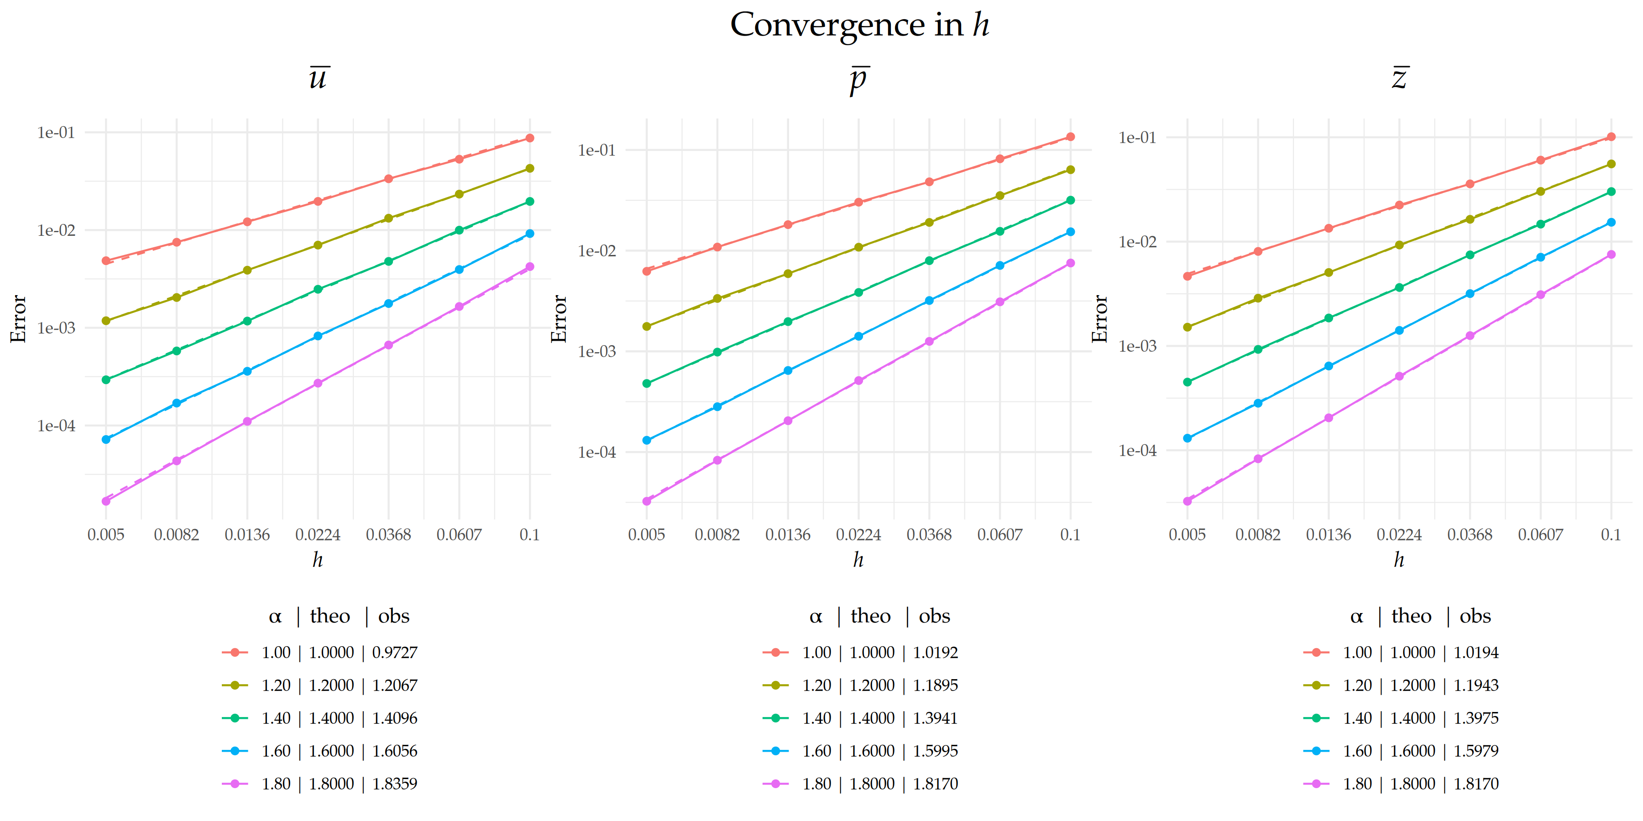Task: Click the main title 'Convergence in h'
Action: click(x=859, y=26)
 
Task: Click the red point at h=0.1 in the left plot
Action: click(x=529, y=138)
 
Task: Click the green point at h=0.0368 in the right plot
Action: click(x=1470, y=255)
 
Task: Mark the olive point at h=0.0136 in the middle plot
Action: click(x=788, y=274)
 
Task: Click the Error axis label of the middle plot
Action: click(x=559, y=319)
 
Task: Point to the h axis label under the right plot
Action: click(x=1399, y=560)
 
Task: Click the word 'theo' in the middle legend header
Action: click(x=871, y=616)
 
